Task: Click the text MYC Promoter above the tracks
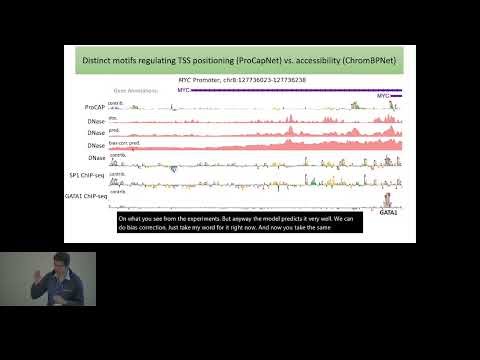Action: click(199, 78)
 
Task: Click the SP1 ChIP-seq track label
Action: click(88, 174)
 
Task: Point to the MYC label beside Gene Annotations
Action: click(183, 90)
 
